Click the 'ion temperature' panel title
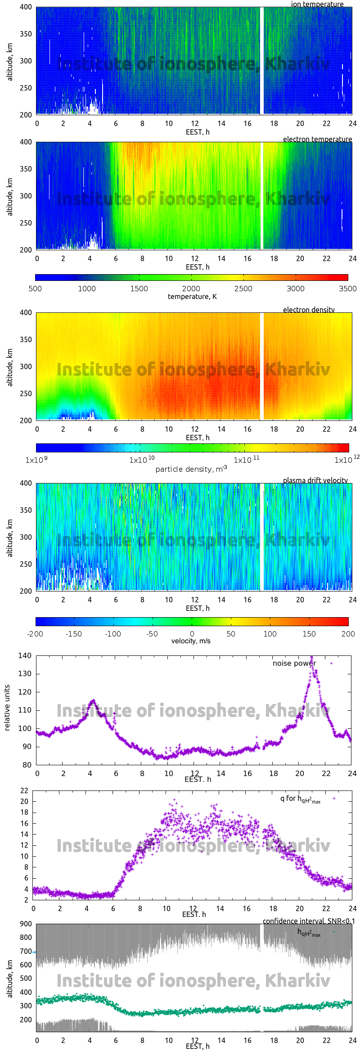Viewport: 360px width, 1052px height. [x=317, y=4]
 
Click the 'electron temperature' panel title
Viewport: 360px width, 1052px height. [x=317, y=139]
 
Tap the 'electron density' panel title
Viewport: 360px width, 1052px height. [x=309, y=310]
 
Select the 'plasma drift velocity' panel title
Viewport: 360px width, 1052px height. [x=315, y=480]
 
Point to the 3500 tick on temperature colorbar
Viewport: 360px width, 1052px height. [x=347, y=289]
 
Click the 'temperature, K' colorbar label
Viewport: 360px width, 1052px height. [x=192, y=296]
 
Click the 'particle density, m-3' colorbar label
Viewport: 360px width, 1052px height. [x=191, y=469]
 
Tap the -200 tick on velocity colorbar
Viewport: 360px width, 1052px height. [x=35, y=634]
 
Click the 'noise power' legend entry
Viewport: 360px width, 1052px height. [x=294, y=663]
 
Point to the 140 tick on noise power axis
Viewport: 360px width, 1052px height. [x=25, y=655]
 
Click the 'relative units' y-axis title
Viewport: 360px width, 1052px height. [x=7, y=708]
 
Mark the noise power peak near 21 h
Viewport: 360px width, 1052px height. [x=311, y=657]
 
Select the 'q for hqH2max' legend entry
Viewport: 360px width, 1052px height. [x=300, y=799]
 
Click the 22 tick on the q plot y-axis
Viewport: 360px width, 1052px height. [x=24, y=790]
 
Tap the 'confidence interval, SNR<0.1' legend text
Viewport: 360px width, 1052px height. [x=309, y=921]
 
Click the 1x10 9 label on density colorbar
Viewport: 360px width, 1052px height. [x=36, y=460]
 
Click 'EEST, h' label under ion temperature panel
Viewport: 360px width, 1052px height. [x=198, y=132]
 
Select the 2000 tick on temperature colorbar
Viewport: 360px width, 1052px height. [x=191, y=289]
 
